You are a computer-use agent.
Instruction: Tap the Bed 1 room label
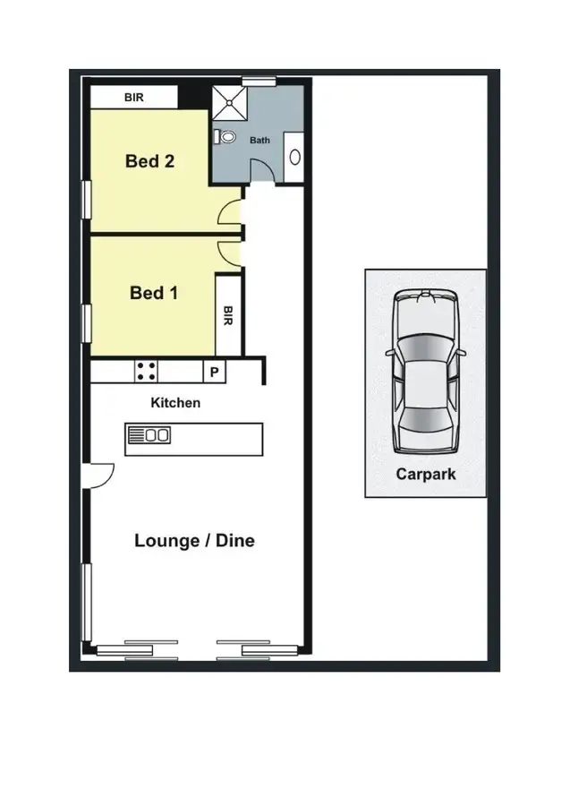(147, 293)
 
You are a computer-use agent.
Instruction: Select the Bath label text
(259, 141)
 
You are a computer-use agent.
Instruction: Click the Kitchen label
(175, 403)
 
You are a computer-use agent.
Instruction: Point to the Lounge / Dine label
(194, 540)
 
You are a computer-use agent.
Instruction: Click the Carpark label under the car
(425, 475)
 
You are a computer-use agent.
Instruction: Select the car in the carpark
(425, 372)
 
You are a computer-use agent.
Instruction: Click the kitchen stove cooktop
(146, 371)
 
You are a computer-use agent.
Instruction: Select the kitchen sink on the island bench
(150, 436)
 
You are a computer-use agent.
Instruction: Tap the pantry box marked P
(214, 371)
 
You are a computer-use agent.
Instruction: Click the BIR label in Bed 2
(132, 97)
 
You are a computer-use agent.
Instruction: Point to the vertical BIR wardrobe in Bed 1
(228, 315)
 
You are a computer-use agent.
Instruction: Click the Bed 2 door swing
(231, 213)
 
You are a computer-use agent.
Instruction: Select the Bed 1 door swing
(231, 252)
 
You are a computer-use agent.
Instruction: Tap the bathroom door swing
(260, 172)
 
